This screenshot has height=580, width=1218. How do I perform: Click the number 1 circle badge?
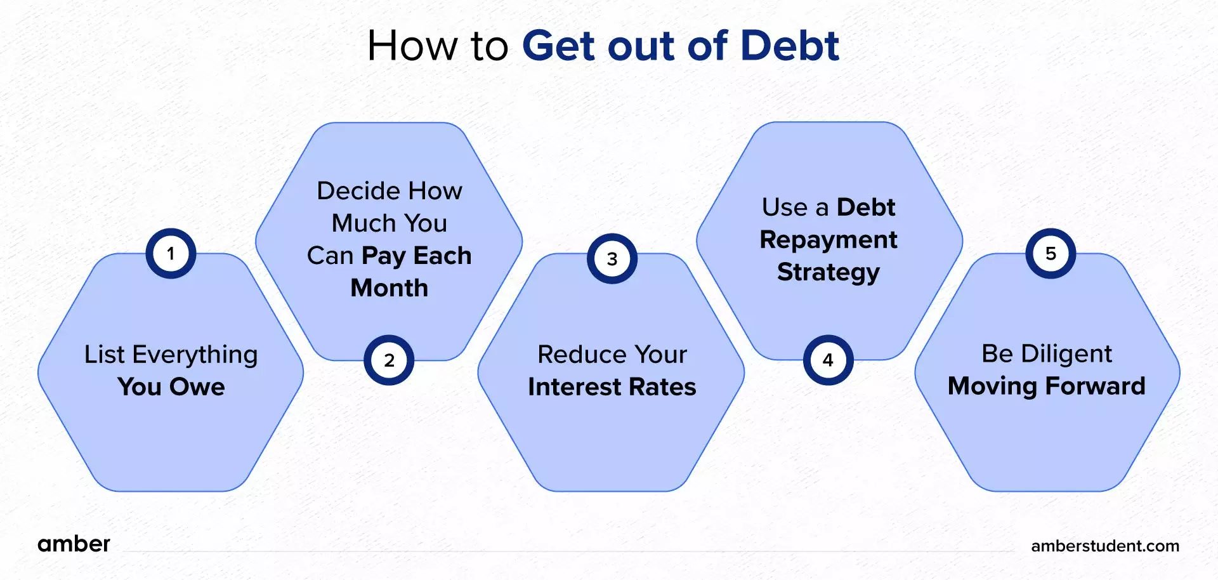click(171, 254)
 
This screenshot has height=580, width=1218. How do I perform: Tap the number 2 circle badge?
click(389, 360)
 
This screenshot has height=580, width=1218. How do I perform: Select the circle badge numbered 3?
click(612, 259)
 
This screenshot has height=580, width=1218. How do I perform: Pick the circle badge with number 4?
click(828, 360)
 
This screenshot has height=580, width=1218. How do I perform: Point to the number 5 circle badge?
click(1051, 254)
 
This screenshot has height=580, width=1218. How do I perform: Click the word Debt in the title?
click(790, 46)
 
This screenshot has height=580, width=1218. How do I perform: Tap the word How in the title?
click(412, 46)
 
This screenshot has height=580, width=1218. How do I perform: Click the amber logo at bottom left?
click(74, 544)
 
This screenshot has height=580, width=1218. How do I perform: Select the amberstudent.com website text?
click(1104, 546)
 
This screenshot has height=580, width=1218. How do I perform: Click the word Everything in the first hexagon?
click(195, 355)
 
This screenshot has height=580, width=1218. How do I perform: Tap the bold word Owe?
click(197, 387)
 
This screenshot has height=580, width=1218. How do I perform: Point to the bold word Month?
click(390, 288)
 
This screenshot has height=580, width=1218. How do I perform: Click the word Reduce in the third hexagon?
click(573, 355)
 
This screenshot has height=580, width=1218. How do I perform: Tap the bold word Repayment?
click(828, 240)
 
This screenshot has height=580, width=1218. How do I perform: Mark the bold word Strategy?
click(828, 272)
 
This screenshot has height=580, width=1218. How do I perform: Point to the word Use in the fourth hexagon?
click(785, 208)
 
